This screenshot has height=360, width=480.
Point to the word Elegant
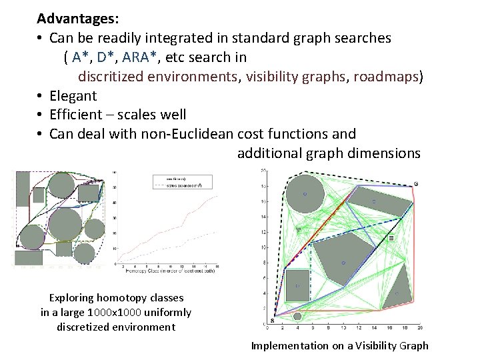point(73,96)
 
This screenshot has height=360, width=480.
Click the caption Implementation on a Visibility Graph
point(339,345)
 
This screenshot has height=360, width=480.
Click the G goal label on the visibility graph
point(416,183)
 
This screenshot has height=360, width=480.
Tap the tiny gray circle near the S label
point(298,316)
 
